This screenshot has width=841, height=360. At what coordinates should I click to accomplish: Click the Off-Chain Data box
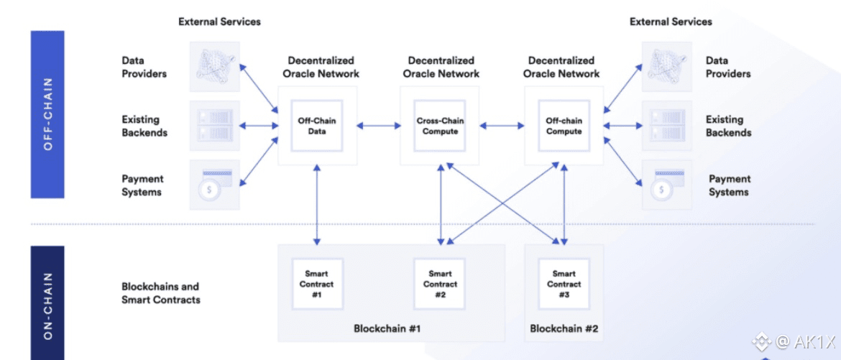coord(317,126)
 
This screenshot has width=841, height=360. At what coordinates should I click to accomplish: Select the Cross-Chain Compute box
coord(440,126)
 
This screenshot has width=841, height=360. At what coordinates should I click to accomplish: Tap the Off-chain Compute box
coord(564,126)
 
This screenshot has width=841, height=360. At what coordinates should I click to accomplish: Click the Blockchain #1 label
coord(387,328)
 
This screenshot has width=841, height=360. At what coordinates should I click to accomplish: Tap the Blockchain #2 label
coord(564,328)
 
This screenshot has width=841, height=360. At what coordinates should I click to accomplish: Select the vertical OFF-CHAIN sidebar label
coord(48,114)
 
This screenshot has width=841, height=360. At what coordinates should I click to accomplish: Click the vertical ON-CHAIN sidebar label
coord(48,302)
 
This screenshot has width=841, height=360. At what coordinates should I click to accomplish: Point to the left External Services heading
coord(219,22)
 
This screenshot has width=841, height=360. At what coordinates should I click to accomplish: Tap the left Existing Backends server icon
coord(214,126)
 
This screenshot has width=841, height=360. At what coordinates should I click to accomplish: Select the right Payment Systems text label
coord(729,185)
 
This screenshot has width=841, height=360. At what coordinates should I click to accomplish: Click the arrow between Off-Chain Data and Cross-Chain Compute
coord(379,126)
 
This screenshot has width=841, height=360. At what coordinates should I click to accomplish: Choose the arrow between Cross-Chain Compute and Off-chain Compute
coord(502,126)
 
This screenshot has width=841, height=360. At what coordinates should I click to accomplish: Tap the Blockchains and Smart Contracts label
coord(160,292)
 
